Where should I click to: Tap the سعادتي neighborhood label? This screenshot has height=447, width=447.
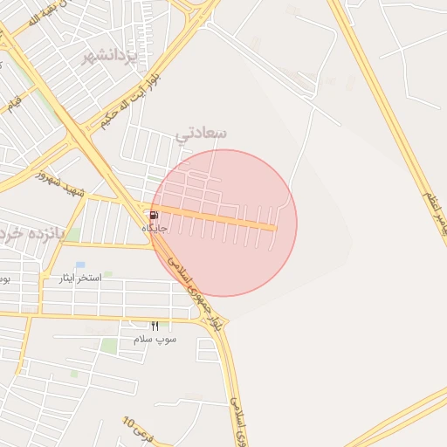[201, 133]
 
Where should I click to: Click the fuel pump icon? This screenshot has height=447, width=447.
[154, 215]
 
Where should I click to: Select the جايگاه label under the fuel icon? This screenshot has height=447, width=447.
[155, 228]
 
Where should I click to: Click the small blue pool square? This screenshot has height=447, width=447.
[80, 265]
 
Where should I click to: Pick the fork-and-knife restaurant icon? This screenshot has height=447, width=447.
[155, 326]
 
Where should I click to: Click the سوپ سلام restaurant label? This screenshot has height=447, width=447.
[155, 338]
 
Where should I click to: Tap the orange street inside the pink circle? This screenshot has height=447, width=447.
[218, 217]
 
